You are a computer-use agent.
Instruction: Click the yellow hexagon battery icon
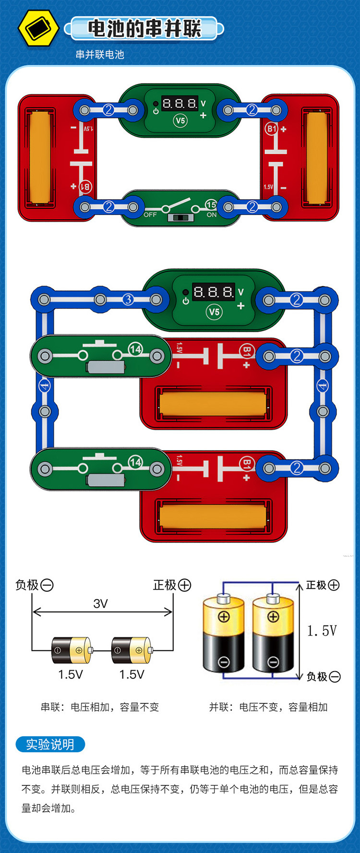tap(38, 28)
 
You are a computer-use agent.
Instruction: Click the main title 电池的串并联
tap(144, 29)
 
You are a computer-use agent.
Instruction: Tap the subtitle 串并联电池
tap(100, 55)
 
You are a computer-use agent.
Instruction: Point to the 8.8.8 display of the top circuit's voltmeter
tap(180, 103)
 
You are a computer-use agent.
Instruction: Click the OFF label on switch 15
tap(150, 215)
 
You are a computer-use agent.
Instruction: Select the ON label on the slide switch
tap(212, 215)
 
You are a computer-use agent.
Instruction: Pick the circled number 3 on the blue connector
tap(128, 300)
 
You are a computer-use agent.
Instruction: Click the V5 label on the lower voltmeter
tap(214, 312)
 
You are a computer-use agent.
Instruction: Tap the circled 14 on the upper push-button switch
tap(135, 349)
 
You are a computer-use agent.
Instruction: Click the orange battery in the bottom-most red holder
tap(212, 517)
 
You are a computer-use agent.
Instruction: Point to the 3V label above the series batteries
tap(100, 603)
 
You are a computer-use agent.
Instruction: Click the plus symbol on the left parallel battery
tap(224, 617)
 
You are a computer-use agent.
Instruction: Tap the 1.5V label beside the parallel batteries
tap(322, 631)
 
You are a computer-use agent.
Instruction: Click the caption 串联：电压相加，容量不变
tap(99, 707)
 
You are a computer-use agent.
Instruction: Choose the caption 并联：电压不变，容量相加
tap(268, 707)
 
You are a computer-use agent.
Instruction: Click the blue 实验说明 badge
tap(50, 745)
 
